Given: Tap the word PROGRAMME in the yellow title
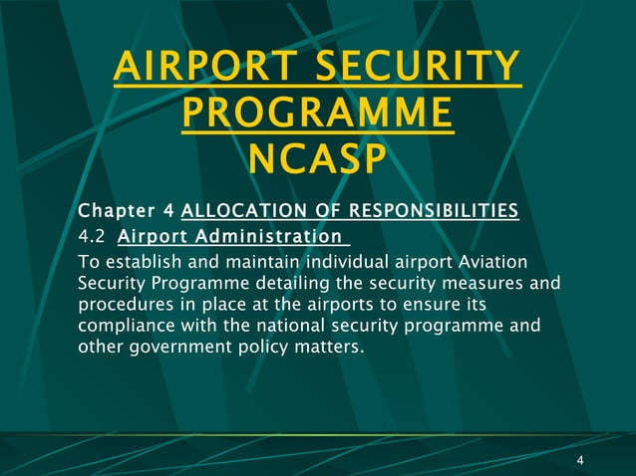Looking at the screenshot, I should (318, 115).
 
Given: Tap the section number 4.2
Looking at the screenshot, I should (92, 237).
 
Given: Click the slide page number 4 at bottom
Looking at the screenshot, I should (579, 460).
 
